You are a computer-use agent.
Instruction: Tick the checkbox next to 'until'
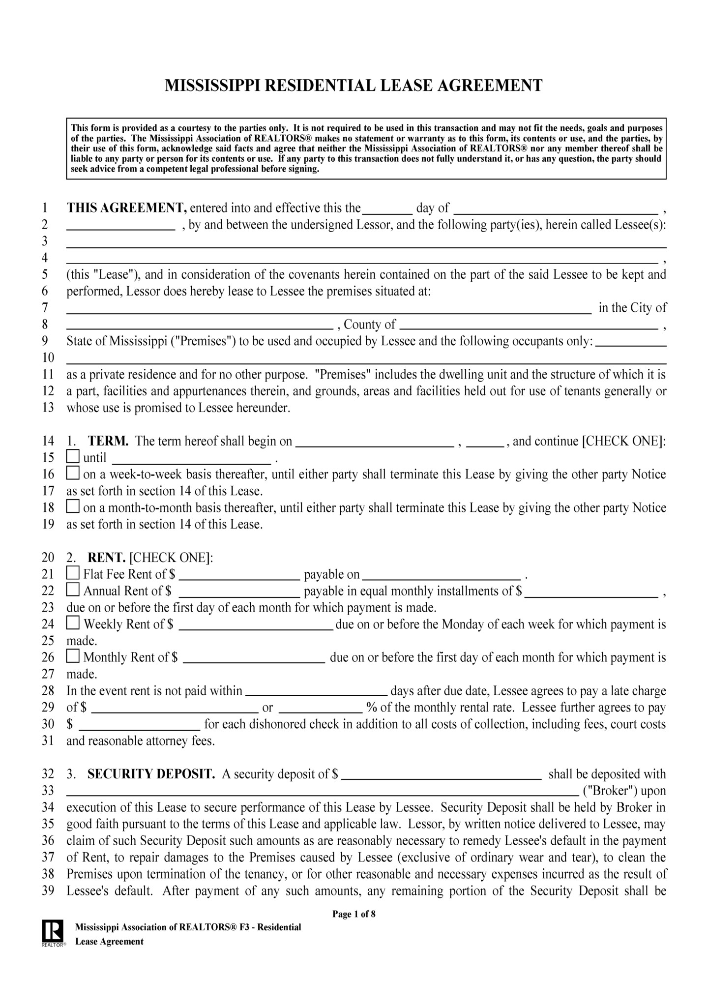pos(73,456)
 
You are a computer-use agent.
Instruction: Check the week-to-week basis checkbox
pos(73,473)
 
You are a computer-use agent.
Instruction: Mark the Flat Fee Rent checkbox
pos(73,573)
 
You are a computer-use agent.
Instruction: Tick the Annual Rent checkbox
pos(73,589)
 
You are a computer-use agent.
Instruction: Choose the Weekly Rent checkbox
pos(73,623)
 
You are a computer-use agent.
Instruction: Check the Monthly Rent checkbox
pos(73,656)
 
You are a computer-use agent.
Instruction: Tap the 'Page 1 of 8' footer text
pos(354,914)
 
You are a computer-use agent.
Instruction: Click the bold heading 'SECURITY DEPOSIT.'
pos(151,774)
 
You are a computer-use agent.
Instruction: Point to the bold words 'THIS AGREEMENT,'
pos(126,208)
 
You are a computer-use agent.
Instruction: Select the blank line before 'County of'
pos(200,326)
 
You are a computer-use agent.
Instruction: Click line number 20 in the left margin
pos(48,557)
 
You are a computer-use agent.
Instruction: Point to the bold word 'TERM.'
pos(108,441)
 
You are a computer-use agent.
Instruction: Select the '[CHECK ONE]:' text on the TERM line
pos(624,441)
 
